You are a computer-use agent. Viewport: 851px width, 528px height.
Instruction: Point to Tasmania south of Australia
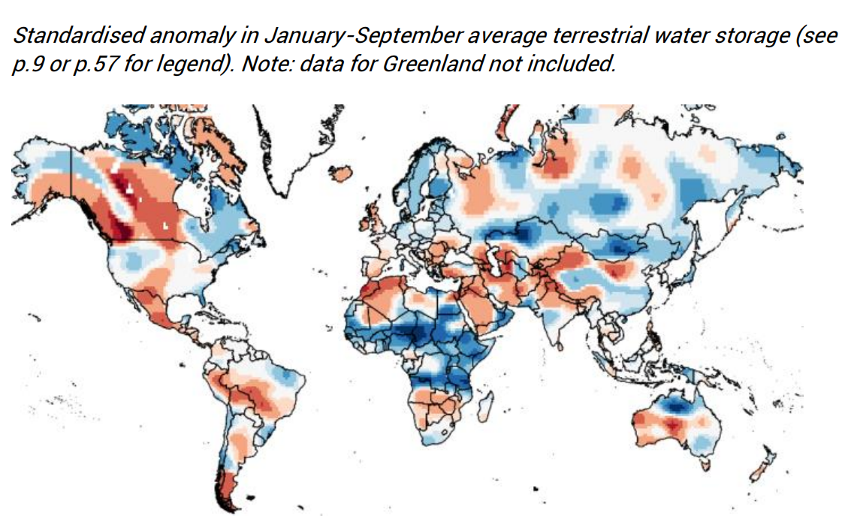[705, 466]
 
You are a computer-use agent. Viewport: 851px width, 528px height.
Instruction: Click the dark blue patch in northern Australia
[676, 406]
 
